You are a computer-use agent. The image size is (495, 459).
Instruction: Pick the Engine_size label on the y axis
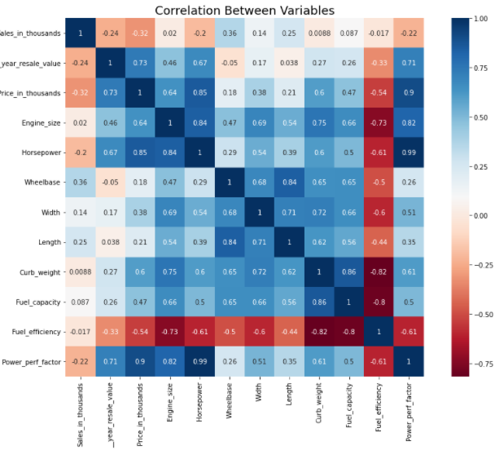tap(42, 122)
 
